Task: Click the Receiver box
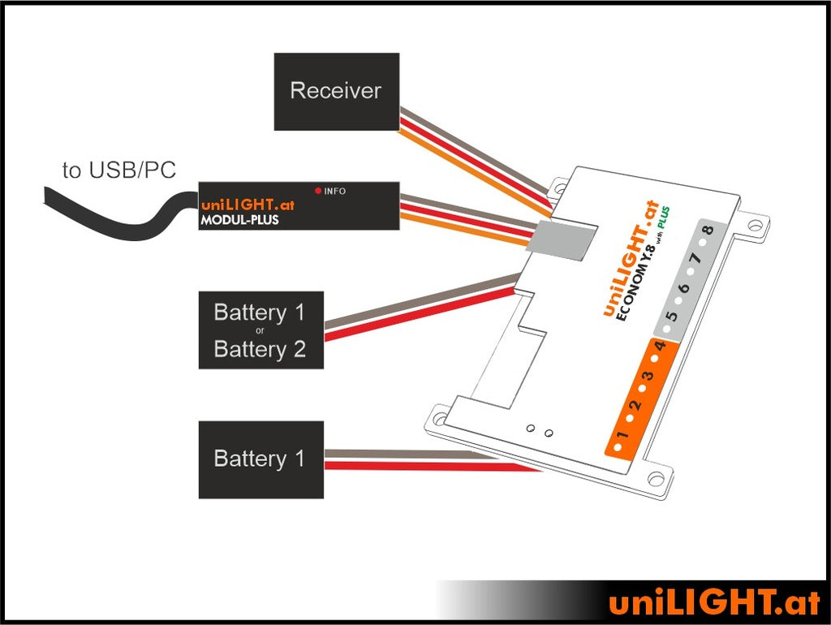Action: (x=336, y=91)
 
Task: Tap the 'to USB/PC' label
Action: (x=118, y=170)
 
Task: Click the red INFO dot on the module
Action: (x=318, y=192)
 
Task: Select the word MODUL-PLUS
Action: (x=239, y=220)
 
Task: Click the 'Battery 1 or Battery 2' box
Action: (x=260, y=330)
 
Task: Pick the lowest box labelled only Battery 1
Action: (x=260, y=459)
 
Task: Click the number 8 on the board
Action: (x=708, y=231)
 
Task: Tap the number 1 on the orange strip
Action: (x=622, y=439)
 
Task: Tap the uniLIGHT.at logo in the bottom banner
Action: (x=714, y=602)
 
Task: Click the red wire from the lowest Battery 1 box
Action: (x=430, y=465)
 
